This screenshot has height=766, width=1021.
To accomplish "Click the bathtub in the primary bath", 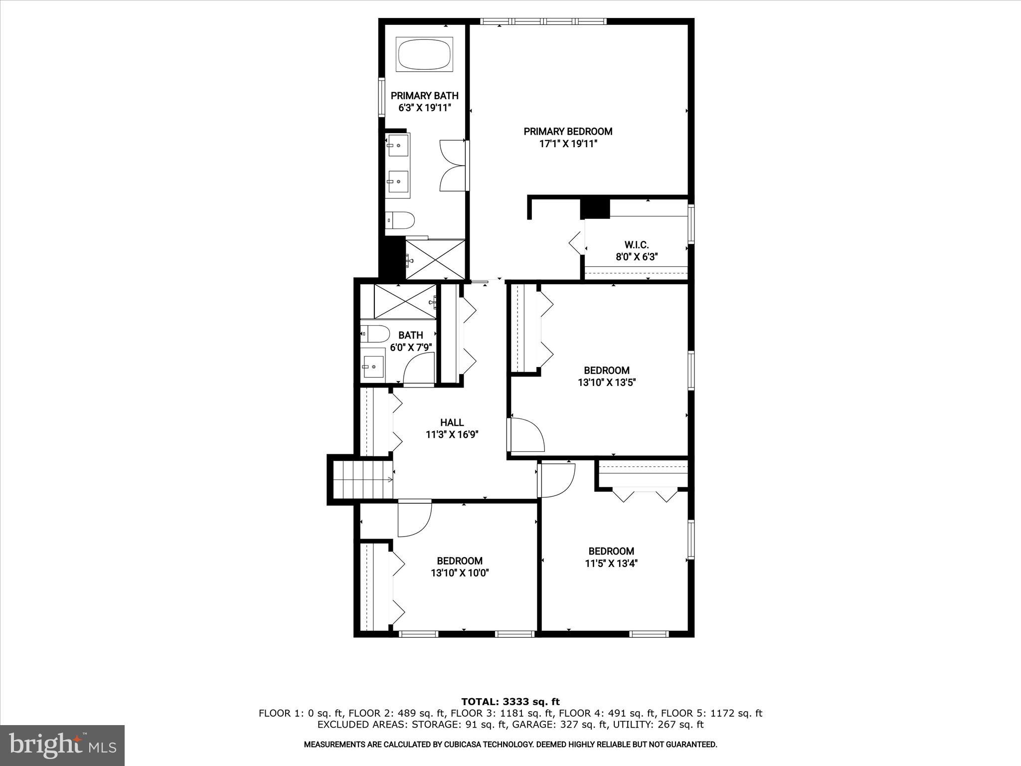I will tap(425, 54).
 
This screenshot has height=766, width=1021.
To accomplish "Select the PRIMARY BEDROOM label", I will tap(568, 132).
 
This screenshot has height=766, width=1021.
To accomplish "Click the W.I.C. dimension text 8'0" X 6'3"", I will tap(637, 257).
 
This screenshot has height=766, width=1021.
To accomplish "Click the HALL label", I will tap(452, 422).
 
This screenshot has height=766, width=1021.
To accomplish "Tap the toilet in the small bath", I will tap(375, 333).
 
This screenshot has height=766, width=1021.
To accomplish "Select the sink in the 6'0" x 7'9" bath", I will tap(373, 367).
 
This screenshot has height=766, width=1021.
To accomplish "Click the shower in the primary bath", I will tap(435, 259).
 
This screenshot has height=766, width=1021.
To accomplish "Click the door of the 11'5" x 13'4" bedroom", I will tap(557, 480).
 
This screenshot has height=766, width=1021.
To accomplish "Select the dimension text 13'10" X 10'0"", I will tap(460, 573).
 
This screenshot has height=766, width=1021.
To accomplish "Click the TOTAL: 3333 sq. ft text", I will tap(510, 702).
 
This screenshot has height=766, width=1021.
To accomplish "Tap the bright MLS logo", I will tap(62, 745).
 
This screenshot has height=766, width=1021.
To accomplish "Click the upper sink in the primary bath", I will tap(398, 145).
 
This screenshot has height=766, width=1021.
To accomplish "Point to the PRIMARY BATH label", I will tap(424, 96).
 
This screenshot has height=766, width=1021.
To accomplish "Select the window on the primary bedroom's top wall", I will tap(543, 21).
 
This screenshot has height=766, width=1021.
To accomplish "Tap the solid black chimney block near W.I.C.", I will tap(595, 208).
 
